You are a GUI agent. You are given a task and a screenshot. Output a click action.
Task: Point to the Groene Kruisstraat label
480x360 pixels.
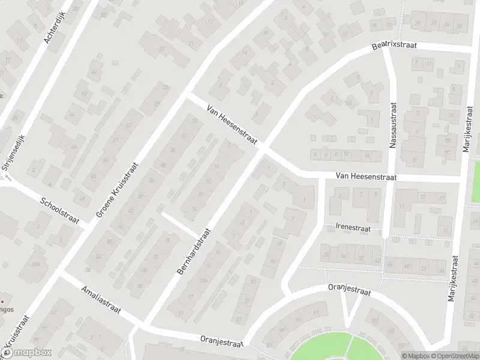coord(117,189)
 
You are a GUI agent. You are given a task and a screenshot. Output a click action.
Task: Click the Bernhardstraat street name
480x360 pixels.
coord(194,251)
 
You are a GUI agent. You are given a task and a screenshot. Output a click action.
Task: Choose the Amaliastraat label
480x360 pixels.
coord(101,301)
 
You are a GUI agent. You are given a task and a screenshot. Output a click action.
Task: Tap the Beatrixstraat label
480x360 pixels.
coord(394,46)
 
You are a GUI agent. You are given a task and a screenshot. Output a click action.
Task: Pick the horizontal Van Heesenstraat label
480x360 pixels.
coord(367,176)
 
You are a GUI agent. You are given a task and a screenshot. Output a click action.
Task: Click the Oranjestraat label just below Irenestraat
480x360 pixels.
coord(349,290)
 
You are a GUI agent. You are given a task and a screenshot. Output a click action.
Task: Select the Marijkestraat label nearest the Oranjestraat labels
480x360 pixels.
coord(455,281)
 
